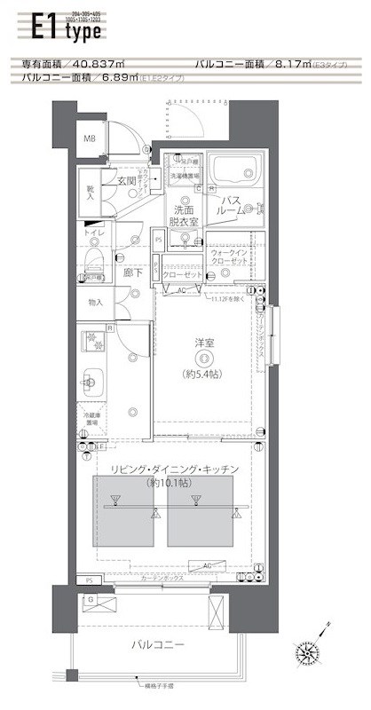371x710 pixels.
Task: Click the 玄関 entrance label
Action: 114,181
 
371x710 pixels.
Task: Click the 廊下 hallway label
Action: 134,273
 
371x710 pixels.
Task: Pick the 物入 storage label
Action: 95,303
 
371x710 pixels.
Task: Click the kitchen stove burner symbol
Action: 92,340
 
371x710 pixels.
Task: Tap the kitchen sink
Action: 92,382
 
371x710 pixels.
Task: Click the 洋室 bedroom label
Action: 205,342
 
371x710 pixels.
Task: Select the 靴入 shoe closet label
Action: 90,193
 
